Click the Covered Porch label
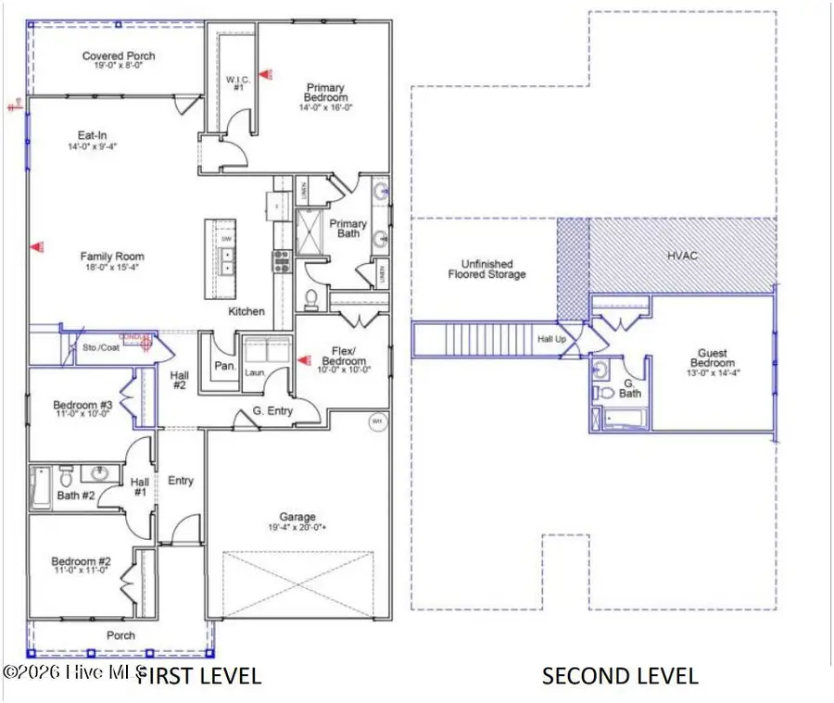click(119, 56)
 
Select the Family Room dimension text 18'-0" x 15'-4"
click(112, 268)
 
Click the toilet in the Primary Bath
click(312, 299)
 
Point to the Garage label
click(298, 517)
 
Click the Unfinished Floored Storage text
click(486, 269)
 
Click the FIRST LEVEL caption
click(199, 675)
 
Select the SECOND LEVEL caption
click(620, 675)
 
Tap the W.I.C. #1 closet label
click(235, 83)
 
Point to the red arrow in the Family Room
click(38, 246)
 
